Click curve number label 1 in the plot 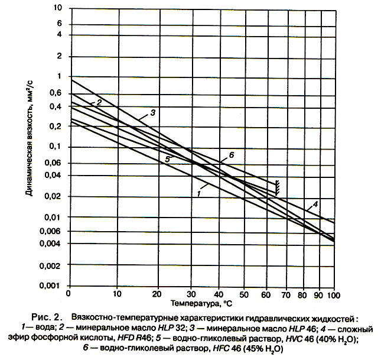click(199, 193)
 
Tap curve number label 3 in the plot click(152, 112)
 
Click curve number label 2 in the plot click(99, 103)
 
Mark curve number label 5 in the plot click(167, 159)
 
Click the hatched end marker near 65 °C click(277, 188)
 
